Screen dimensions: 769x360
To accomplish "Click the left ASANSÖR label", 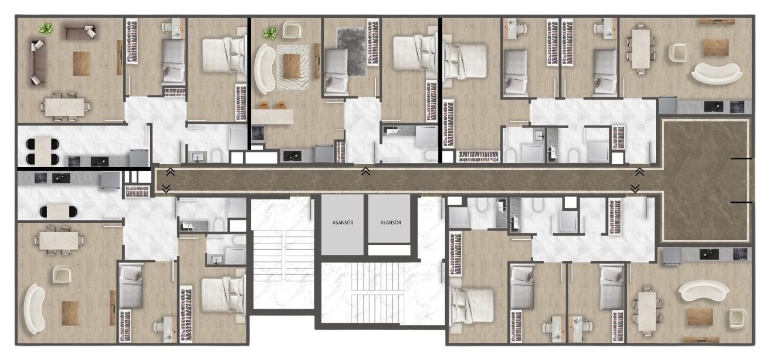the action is pyautogui.click(x=343, y=223).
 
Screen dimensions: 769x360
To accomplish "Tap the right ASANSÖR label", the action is pyautogui.click(x=391, y=223).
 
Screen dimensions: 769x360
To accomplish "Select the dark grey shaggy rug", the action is pyautogui.click(x=351, y=52).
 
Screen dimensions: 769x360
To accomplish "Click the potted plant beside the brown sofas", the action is pyautogui.click(x=46, y=29).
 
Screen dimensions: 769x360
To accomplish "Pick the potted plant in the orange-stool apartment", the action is pyautogui.click(x=270, y=33).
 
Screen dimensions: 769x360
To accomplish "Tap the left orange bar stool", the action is pyautogui.click(x=264, y=105).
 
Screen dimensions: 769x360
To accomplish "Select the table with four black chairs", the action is pyautogui.click(x=43, y=151).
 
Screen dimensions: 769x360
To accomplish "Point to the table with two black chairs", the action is pyautogui.click(x=58, y=211).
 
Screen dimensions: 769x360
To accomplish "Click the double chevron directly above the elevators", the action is pyautogui.click(x=365, y=171).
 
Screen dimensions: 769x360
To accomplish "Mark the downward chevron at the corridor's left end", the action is pyautogui.click(x=166, y=188).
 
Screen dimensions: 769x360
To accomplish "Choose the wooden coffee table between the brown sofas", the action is pyautogui.click(x=82, y=63).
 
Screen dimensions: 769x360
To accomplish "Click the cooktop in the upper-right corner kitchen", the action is pyautogui.click(x=737, y=106).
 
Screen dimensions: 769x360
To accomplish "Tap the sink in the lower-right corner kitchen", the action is pyautogui.click(x=709, y=254).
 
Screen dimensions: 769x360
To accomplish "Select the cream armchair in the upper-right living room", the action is pyautogui.click(x=677, y=52).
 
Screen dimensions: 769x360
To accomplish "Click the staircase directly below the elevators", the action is pyautogui.click(x=378, y=293).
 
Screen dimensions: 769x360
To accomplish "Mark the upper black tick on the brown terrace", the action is pyautogui.click(x=741, y=158).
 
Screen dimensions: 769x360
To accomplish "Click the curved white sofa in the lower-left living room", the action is pyautogui.click(x=35, y=309).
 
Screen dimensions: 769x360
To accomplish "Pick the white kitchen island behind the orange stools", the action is pyautogui.click(x=272, y=117).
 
